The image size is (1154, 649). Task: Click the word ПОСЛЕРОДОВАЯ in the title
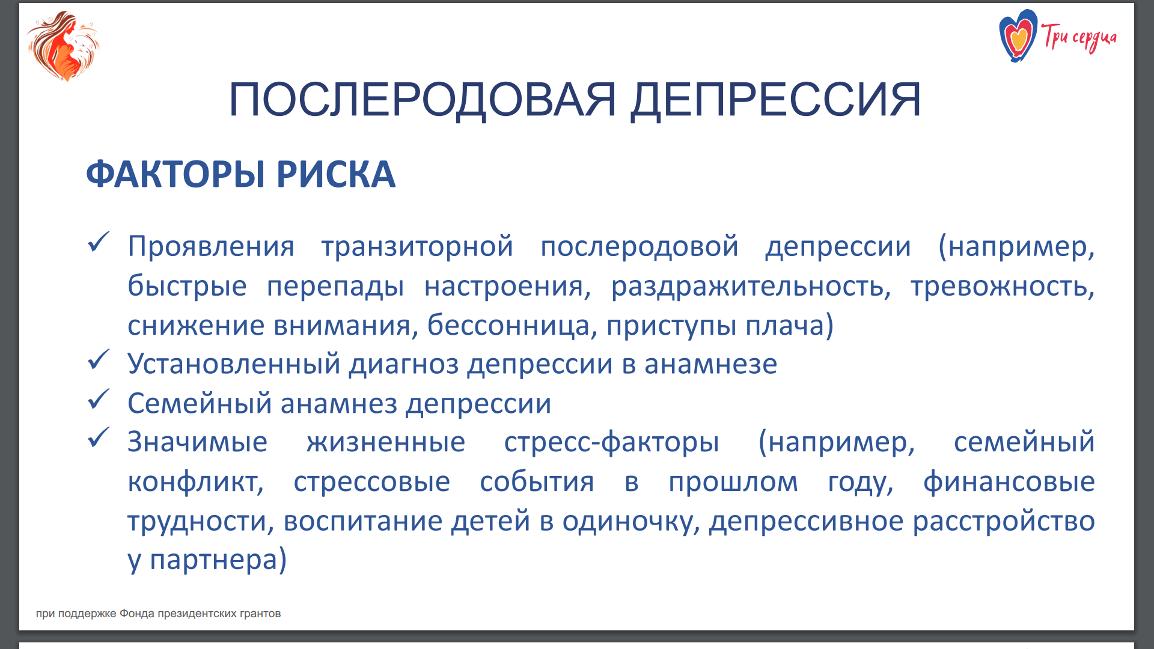click(x=423, y=100)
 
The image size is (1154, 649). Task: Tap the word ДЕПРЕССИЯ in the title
click(x=776, y=100)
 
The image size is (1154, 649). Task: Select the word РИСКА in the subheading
click(x=336, y=174)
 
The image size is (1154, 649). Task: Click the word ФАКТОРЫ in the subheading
click(x=176, y=174)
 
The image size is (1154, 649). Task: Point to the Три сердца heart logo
click(x=1018, y=36)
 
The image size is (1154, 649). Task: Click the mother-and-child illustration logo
click(x=63, y=46)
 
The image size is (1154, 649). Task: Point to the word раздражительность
click(x=751, y=287)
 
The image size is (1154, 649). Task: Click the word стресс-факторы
click(x=611, y=443)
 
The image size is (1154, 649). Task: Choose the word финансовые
click(x=1009, y=482)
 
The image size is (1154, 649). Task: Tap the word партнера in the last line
click(x=213, y=560)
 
